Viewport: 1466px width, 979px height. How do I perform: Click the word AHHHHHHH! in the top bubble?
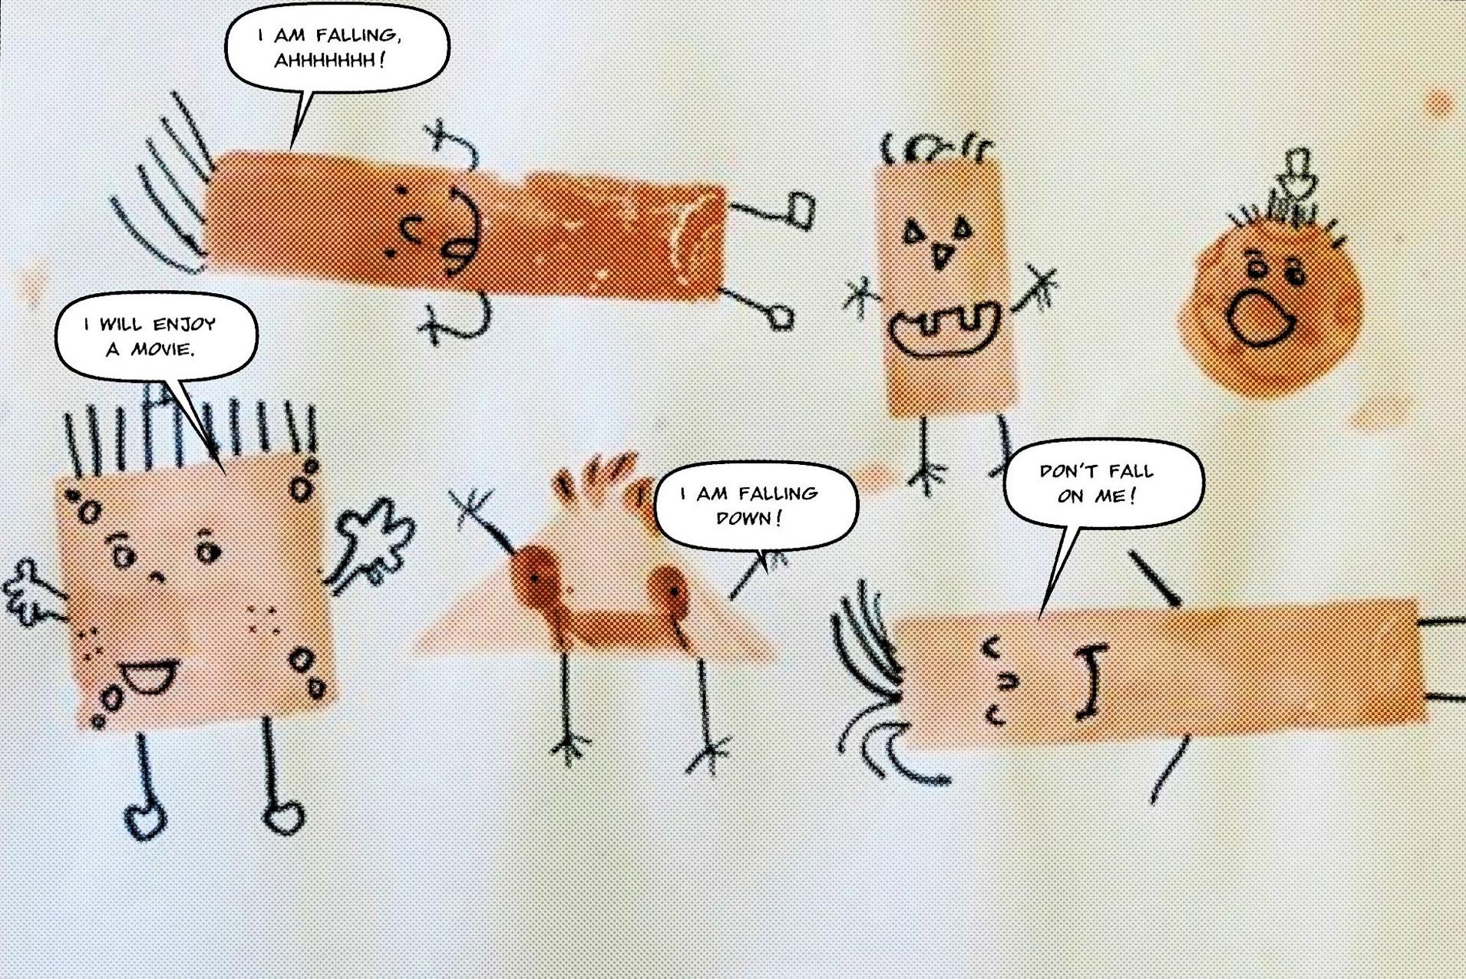(329, 60)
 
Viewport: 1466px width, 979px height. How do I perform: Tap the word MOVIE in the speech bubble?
(163, 349)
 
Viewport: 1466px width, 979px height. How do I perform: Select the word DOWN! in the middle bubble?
(749, 518)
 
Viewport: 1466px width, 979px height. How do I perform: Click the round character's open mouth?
(1260, 317)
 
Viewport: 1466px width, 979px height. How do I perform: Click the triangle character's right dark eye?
(672, 592)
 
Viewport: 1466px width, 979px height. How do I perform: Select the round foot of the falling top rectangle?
(780, 316)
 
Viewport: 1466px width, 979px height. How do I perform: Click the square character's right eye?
(206, 549)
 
